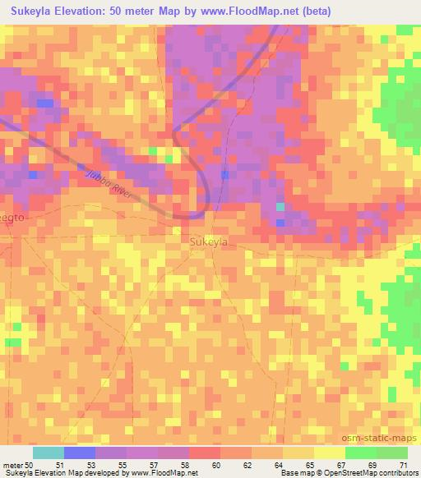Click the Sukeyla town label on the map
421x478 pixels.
tap(208, 242)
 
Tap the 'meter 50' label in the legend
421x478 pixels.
tap(18, 465)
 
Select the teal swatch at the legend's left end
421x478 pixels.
tap(48, 453)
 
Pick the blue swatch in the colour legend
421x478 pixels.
tap(79, 453)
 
